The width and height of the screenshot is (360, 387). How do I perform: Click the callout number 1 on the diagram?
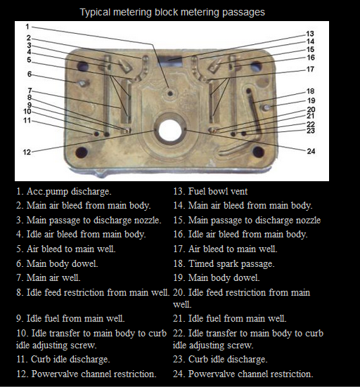[27, 27]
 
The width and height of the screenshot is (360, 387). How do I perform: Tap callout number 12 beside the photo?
[27, 152]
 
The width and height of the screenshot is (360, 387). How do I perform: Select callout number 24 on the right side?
[311, 151]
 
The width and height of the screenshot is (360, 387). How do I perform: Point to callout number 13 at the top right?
[310, 34]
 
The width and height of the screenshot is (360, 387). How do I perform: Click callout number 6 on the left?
[30, 74]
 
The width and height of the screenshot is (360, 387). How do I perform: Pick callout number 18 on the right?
[310, 91]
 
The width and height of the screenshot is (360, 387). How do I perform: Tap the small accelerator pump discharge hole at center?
[169, 93]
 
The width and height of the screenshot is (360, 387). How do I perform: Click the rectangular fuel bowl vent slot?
[170, 60]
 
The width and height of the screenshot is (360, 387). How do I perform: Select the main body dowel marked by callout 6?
[82, 83]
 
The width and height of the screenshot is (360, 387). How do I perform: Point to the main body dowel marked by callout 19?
[266, 107]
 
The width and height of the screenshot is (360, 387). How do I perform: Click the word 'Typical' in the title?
[95, 13]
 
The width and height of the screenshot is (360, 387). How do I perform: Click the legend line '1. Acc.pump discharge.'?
[64, 192]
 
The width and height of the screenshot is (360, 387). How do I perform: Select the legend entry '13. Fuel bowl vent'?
[210, 191]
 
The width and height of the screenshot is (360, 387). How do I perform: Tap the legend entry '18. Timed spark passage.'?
[224, 264]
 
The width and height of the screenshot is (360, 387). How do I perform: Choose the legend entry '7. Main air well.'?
[49, 278]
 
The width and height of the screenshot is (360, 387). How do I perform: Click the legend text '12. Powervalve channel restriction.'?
[86, 374]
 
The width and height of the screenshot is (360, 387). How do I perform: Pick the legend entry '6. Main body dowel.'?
[57, 264]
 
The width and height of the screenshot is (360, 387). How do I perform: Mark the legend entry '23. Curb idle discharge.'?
[220, 360]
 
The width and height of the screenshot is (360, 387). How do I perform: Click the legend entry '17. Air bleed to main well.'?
[225, 249]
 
